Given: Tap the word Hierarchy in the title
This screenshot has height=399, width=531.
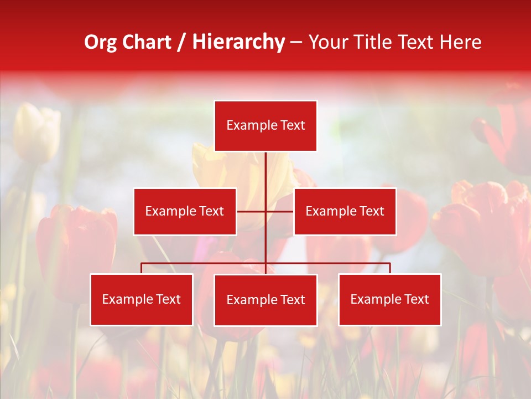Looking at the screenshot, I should [x=238, y=43].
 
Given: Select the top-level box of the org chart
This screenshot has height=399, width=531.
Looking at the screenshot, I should [x=265, y=126].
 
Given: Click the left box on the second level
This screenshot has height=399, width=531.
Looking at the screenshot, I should [x=185, y=211].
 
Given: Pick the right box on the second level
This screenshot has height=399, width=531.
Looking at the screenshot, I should [x=345, y=211].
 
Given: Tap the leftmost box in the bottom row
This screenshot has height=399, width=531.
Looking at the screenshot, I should [x=142, y=299].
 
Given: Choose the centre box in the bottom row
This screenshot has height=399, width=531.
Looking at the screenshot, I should [x=265, y=300].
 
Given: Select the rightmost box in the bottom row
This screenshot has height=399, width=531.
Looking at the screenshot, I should [x=389, y=299].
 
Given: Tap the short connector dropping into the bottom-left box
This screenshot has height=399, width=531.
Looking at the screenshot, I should [x=142, y=268].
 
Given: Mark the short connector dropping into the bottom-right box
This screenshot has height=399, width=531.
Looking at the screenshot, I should [x=390, y=268].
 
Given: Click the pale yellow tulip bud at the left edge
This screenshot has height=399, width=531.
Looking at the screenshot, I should [x=36, y=133].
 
